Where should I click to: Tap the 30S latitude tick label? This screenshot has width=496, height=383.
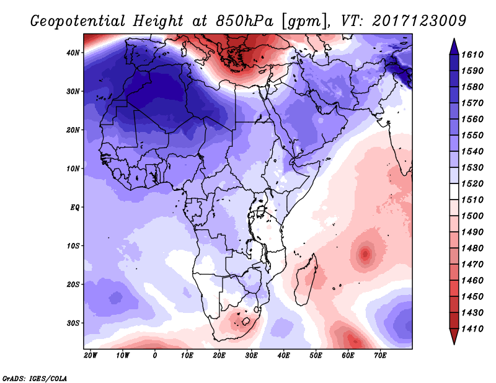coord(74,323)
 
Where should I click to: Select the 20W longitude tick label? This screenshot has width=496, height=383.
coord(91,356)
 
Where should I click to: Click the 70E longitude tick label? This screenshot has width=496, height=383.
coord(380,356)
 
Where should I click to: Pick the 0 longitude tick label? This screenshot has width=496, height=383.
coord(155,356)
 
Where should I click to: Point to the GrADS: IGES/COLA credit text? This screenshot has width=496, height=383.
coord(35,377)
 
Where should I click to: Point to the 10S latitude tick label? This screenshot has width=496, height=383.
coord(74,246)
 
